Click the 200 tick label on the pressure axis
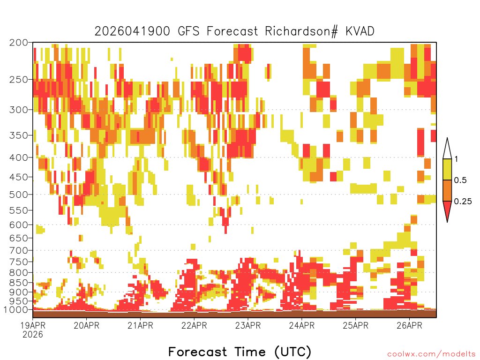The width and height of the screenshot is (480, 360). tap(18, 43)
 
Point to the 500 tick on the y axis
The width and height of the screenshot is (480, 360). tap(18, 195)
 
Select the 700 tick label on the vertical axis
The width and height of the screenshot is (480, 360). tap(18, 250)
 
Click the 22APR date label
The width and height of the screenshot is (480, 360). tap(194, 325)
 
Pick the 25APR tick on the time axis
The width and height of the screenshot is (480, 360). tap(355, 325)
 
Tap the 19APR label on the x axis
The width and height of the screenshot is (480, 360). tap(33, 325)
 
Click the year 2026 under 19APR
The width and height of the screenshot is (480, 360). tap(33, 335)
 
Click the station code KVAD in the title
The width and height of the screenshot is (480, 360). tap(360, 31)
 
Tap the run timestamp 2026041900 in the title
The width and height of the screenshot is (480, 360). tap(132, 31)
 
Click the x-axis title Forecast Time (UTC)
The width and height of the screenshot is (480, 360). tap(240, 352)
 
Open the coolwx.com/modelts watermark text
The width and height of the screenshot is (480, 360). tap(431, 354)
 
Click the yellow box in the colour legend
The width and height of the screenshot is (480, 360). tap(447, 169)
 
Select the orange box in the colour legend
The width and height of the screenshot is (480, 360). tap(447, 190)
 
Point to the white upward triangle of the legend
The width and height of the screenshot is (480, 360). tap(447, 150)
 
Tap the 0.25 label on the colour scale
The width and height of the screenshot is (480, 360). tap(463, 202)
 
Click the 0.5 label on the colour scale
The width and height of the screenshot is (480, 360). tap(460, 180)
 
